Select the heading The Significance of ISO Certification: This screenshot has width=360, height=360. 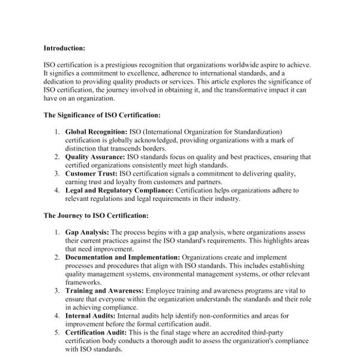tap(102, 114)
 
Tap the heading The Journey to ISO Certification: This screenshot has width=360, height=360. tap(96, 214)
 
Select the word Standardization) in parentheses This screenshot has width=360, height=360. tap(256, 131)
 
